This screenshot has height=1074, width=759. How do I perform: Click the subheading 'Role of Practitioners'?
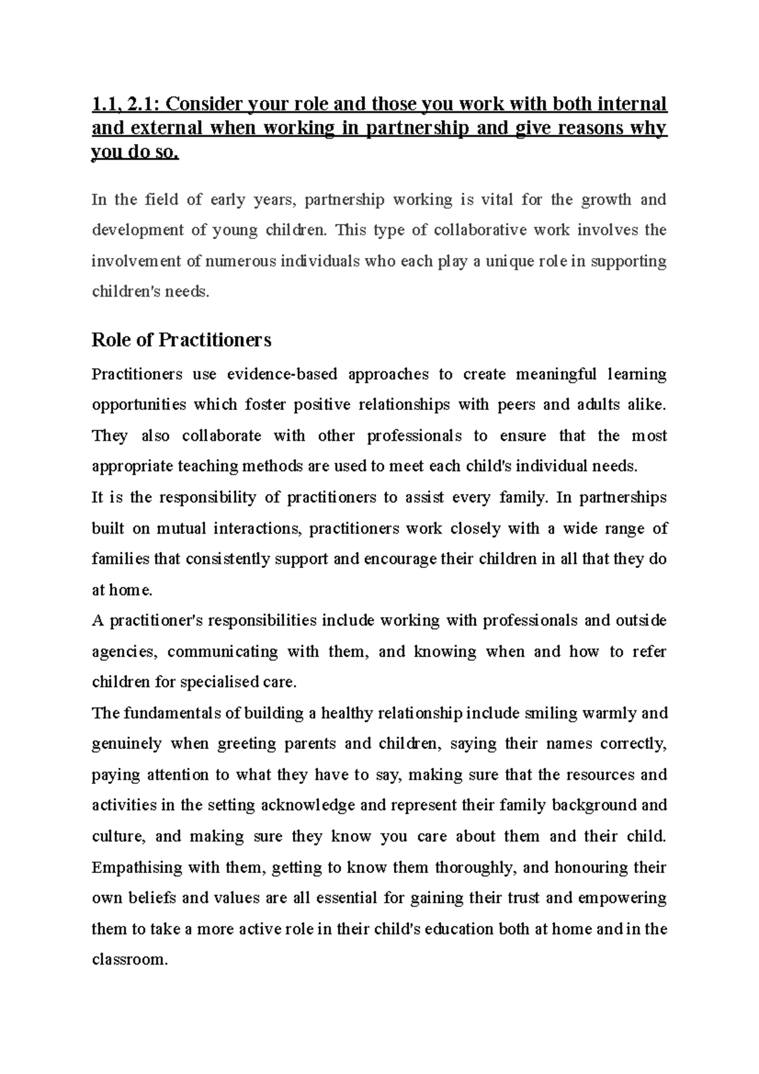point(182,340)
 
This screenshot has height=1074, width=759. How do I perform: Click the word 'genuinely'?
point(126,744)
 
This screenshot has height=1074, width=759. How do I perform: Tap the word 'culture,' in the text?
point(118,837)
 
